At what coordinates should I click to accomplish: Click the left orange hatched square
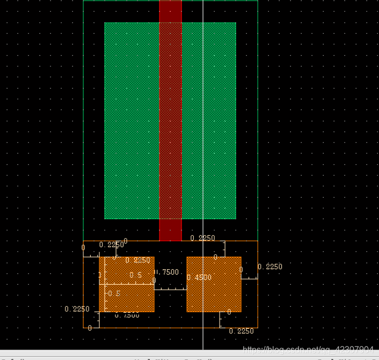coord(127,298)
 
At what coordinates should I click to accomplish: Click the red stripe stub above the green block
coord(171,11)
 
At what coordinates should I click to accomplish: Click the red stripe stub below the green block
coord(171,229)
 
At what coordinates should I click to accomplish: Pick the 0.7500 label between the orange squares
coord(167,272)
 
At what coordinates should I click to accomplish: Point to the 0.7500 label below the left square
coord(127,315)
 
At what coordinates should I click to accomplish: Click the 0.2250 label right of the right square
coord(270,267)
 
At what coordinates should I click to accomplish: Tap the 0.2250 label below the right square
coord(241,331)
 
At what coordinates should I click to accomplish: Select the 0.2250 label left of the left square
coord(77,309)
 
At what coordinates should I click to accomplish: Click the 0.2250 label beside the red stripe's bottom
coord(203,238)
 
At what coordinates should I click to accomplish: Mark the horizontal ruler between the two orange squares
coord(170,289)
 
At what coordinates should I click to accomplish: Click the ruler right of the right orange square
coord(249,278)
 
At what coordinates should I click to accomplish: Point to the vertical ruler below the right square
coord(221,319)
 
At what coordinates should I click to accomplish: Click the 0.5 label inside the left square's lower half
coord(114,293)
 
